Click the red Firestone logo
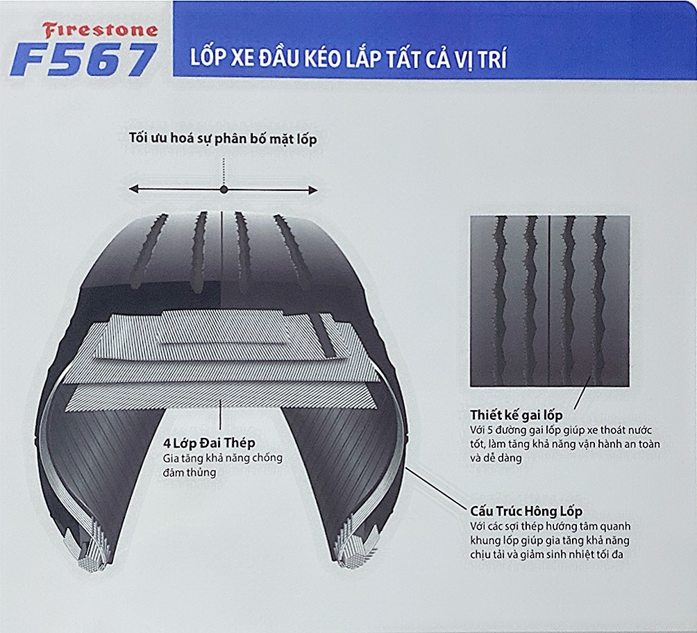[101, 31]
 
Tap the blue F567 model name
[83, 60]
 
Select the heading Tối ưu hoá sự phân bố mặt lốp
[223, 138]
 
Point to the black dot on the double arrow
[224, 189]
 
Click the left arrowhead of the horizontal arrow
[133, 189]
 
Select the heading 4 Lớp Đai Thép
[209, 444]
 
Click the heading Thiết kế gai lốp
[517, 415]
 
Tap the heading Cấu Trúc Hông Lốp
[526, 512]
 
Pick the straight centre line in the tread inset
[549, 301]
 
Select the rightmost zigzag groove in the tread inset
[600, 301]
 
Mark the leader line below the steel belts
[220, 414]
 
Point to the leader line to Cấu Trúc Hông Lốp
[436, 488]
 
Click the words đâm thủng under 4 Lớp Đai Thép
[190, 472]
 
